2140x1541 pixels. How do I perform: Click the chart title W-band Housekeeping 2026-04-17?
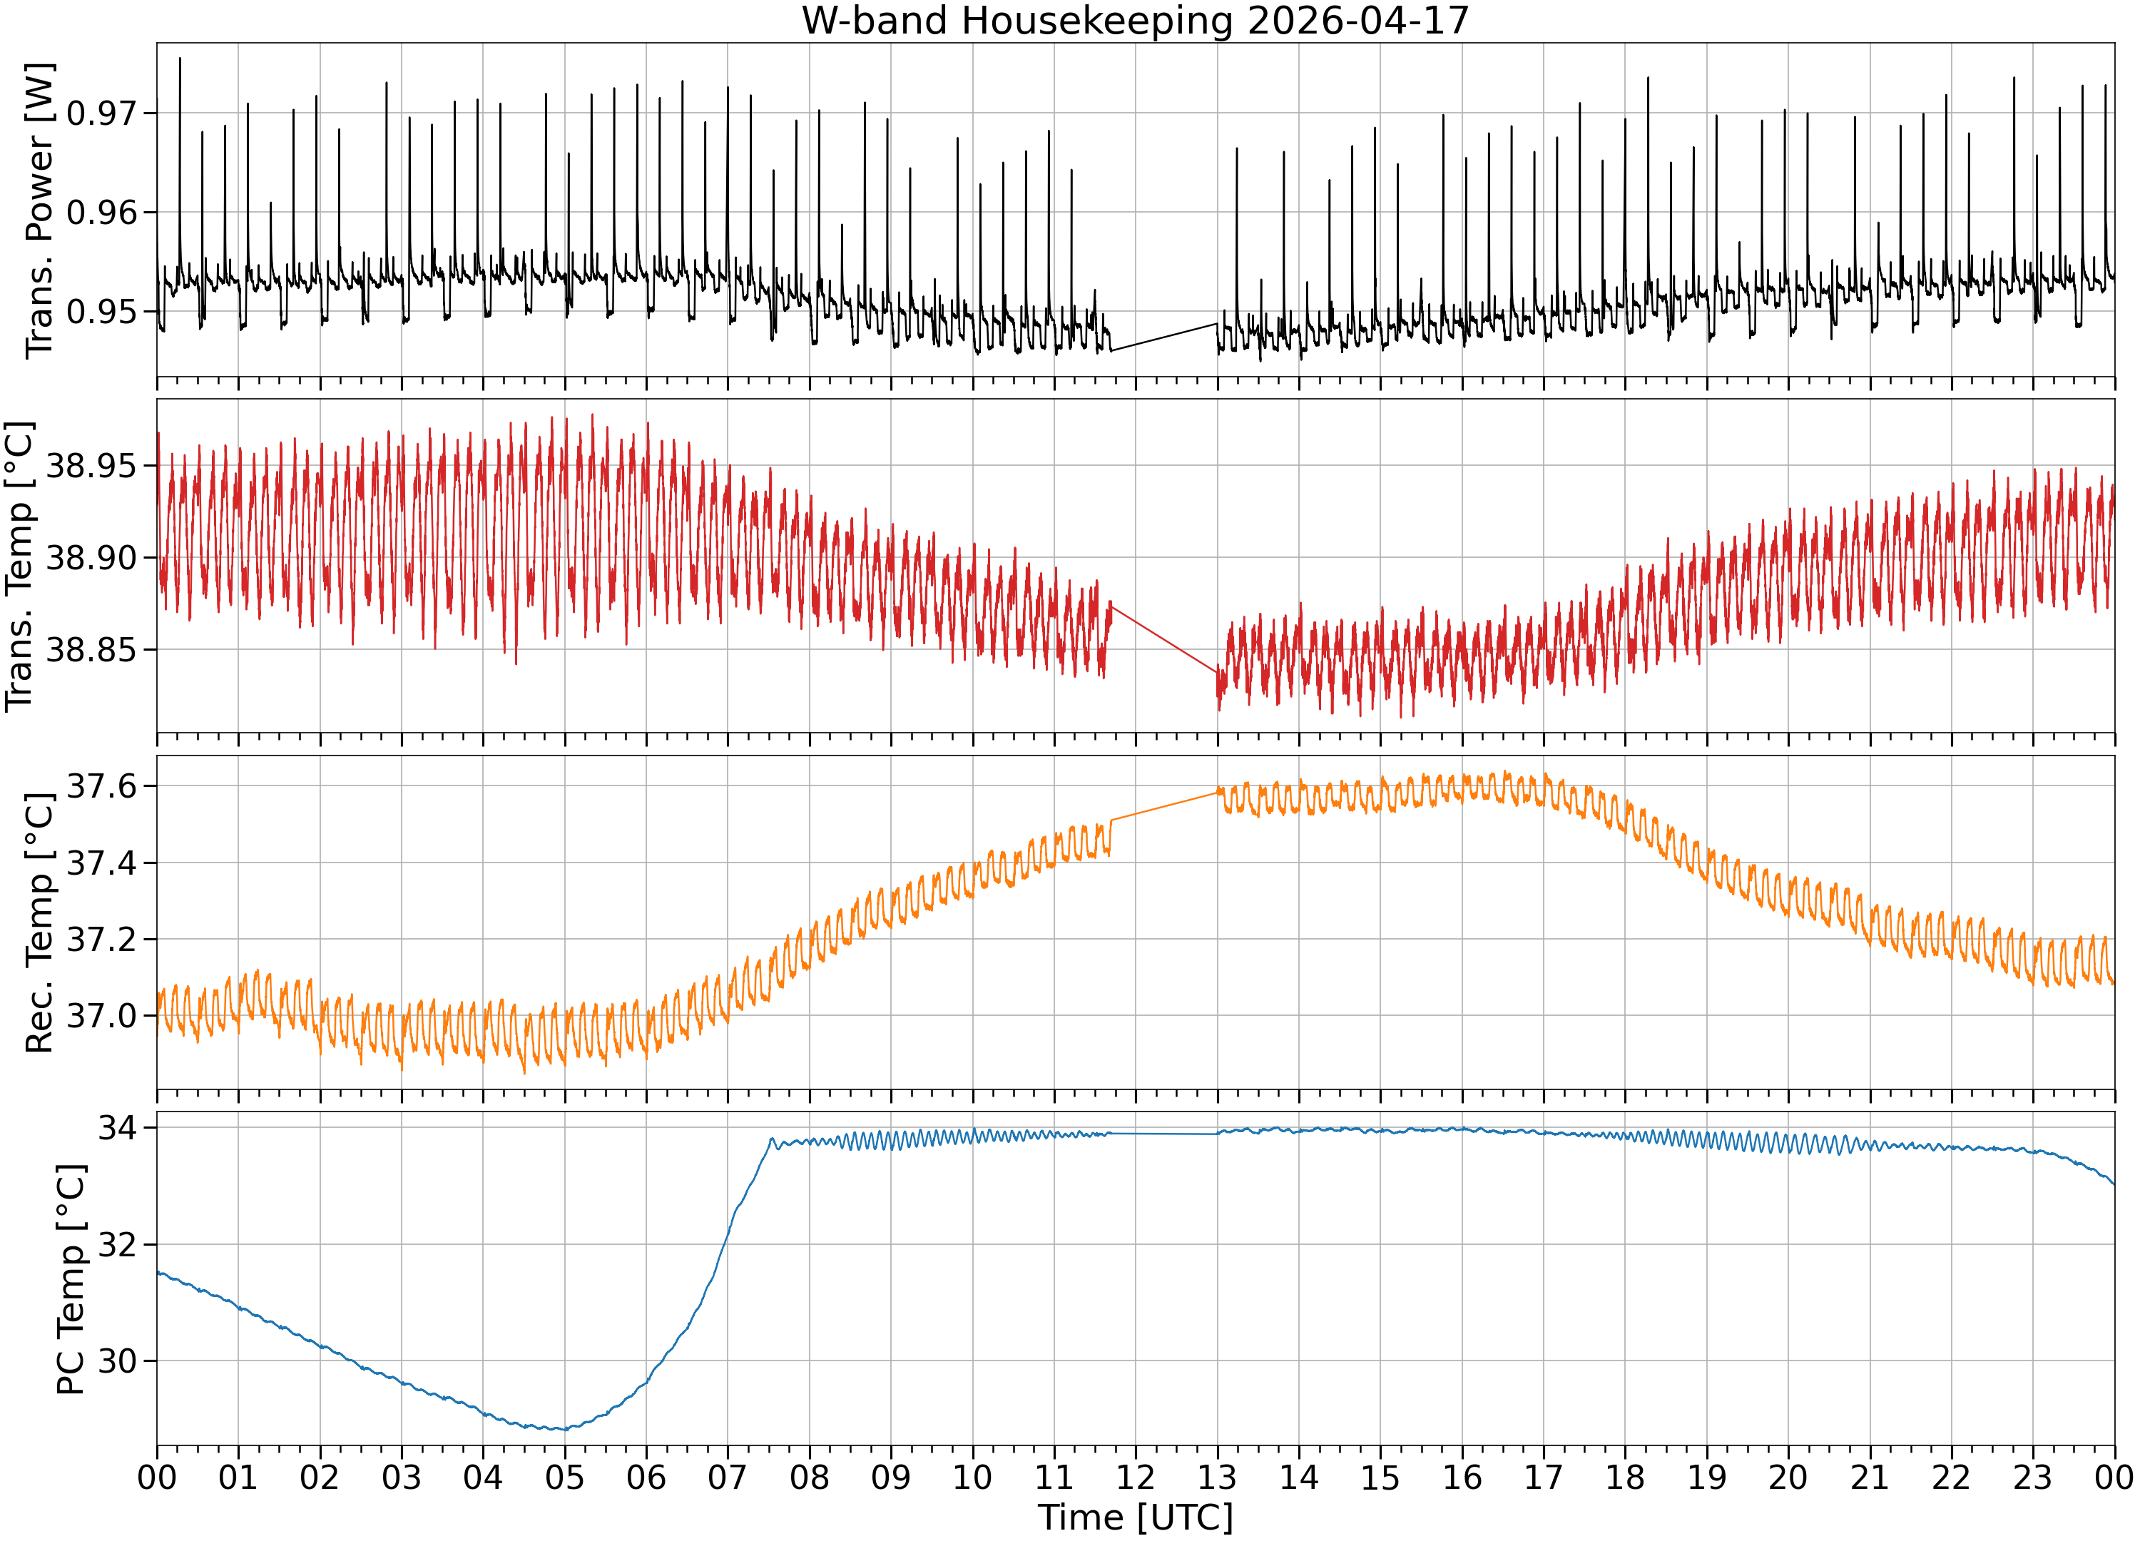point(1135,20)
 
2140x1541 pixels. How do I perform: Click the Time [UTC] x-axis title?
point(1135,1517)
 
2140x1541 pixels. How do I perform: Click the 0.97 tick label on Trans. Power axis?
point(101,113)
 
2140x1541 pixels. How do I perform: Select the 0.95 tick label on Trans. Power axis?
point(101,311)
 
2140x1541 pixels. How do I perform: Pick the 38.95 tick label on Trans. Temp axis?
point(91,465)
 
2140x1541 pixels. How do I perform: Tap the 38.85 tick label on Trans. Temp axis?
point(91,649)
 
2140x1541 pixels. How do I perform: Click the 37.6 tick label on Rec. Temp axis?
point(101,786)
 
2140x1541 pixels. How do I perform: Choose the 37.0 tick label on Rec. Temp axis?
point(101,1017)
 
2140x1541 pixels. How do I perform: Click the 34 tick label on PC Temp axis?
point(117,1128)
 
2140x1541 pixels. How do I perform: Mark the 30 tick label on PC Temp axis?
point(117,1361)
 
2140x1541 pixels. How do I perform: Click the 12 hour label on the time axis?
point(1135,1477)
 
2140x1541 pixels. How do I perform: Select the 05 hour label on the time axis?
point(564,1477)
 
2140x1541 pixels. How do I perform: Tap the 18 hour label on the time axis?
point(1625,1477)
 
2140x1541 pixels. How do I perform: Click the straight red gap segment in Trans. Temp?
point(1163,638)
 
